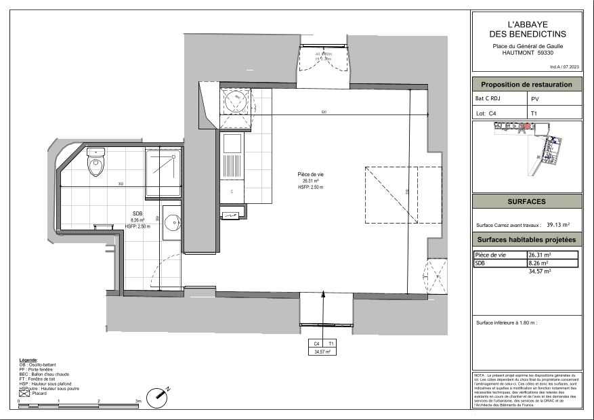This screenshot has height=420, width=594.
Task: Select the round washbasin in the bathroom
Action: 173,222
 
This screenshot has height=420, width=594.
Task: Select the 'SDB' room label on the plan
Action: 137,214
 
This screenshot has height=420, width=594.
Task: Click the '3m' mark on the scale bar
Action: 138,401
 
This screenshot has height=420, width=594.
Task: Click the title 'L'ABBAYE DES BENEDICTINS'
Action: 527,28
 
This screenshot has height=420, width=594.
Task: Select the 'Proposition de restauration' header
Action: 526,85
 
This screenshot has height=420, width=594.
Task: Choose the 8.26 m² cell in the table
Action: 538,263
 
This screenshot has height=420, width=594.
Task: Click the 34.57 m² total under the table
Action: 539,271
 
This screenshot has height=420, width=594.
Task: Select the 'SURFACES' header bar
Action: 526,202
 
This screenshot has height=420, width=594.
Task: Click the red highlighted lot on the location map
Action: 527,126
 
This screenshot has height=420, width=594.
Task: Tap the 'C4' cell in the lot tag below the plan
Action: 316,344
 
